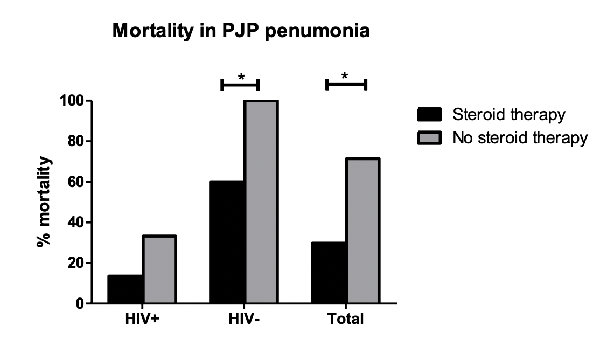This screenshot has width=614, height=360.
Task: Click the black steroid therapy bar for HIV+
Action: tap(125, 289)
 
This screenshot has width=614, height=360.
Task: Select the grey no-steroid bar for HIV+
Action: tap(159, 269)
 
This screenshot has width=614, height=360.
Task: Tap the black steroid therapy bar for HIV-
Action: tap(227, 242)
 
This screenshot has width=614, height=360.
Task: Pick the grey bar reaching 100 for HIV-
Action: tap(261, 202)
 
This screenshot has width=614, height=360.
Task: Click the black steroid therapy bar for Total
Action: tap(329, 273)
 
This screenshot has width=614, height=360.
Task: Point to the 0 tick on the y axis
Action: tap(79, 304)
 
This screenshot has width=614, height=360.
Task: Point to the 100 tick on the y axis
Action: tap(71, 101)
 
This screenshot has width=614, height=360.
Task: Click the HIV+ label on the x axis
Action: tap(142, 319)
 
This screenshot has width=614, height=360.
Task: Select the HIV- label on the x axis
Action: tap(243, 319)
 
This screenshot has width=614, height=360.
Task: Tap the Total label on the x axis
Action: tap(346, 319)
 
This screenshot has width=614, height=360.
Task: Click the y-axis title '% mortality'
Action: tap(45, 202)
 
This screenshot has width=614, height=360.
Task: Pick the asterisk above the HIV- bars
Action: tap(241, 77)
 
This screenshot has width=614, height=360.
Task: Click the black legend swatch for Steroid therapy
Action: tap(429, 115)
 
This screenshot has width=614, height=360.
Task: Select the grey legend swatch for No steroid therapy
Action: tap(429, 138)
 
